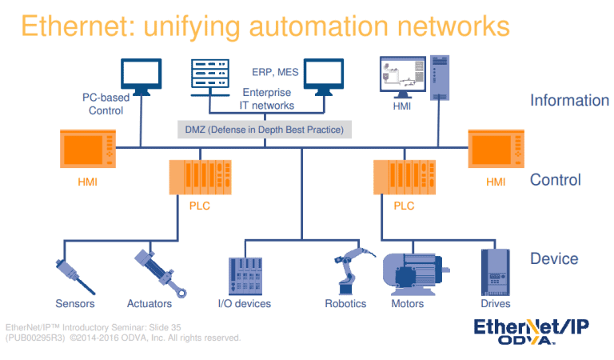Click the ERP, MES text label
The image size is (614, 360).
tap(275, 71)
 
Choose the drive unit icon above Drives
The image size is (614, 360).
tap(495, 272)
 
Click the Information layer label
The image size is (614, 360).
tap(569, 101)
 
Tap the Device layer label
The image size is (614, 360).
tap(554, 259)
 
